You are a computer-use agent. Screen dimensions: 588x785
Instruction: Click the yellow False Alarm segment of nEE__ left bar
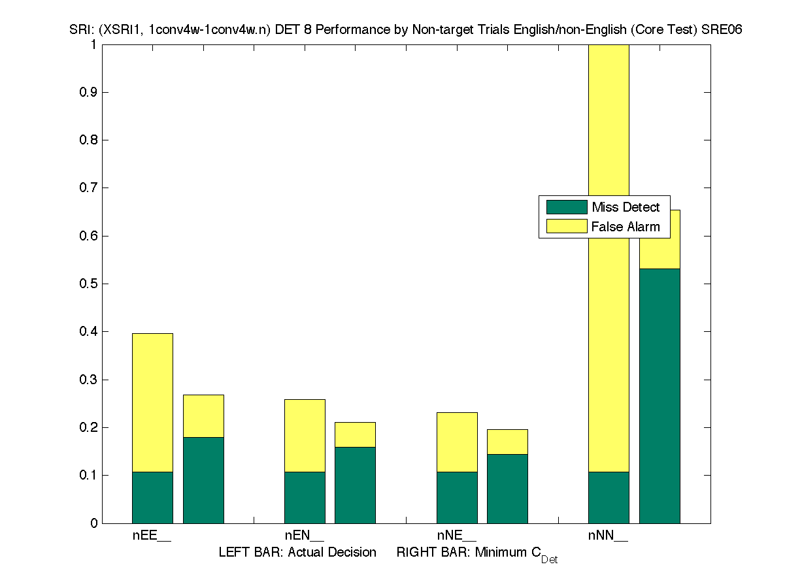[x=152, y=402]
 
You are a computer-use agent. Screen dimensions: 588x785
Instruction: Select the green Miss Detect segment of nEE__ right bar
[x=203, y=480]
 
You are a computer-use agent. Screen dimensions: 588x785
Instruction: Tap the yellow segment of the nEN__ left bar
[x=305, y=435]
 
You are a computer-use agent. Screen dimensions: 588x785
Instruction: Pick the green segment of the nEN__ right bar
[x=355, y=485]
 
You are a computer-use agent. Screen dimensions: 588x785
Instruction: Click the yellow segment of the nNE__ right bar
[x=507, y=442]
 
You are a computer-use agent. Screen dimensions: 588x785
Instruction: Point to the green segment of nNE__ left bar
[x=457, y=497]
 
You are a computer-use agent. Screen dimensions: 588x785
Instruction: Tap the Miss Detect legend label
[x=626, y=207]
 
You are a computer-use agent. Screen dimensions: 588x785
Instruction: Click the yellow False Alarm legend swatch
[x=567, y=227]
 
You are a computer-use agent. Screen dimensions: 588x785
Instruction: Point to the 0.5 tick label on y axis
[x=89, y=284]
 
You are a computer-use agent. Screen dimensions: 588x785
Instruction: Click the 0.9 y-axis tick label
[x=89, y=92]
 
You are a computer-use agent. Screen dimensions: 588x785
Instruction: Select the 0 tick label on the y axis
[x=95, y=523]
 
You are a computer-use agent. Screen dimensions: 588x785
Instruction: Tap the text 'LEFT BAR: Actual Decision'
[x=297, y=552]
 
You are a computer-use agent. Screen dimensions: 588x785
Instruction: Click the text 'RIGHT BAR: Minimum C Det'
[x=476, y=553]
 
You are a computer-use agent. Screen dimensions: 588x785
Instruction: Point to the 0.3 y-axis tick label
[x=89, y=380]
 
